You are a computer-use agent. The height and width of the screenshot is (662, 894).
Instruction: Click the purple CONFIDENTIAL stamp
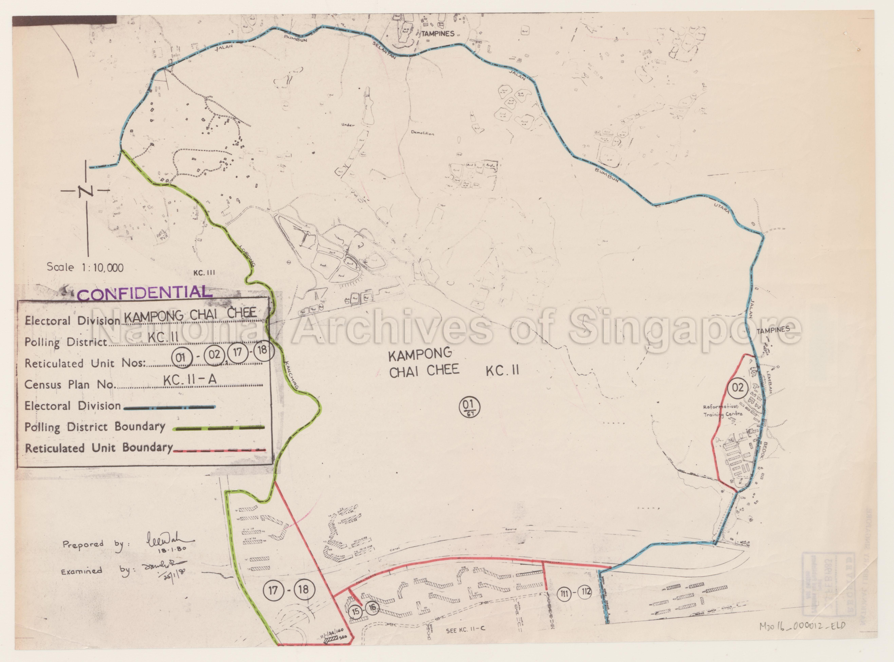(x=144, y=294)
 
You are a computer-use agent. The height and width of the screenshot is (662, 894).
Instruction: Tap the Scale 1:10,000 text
(x=85, y=267)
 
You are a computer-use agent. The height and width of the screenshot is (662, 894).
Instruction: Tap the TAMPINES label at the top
(x=438, y=34)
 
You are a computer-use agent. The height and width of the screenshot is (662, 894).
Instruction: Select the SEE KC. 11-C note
(x=465, y=629)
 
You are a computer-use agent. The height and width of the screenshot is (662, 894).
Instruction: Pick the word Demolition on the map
(x=423, y=133)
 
